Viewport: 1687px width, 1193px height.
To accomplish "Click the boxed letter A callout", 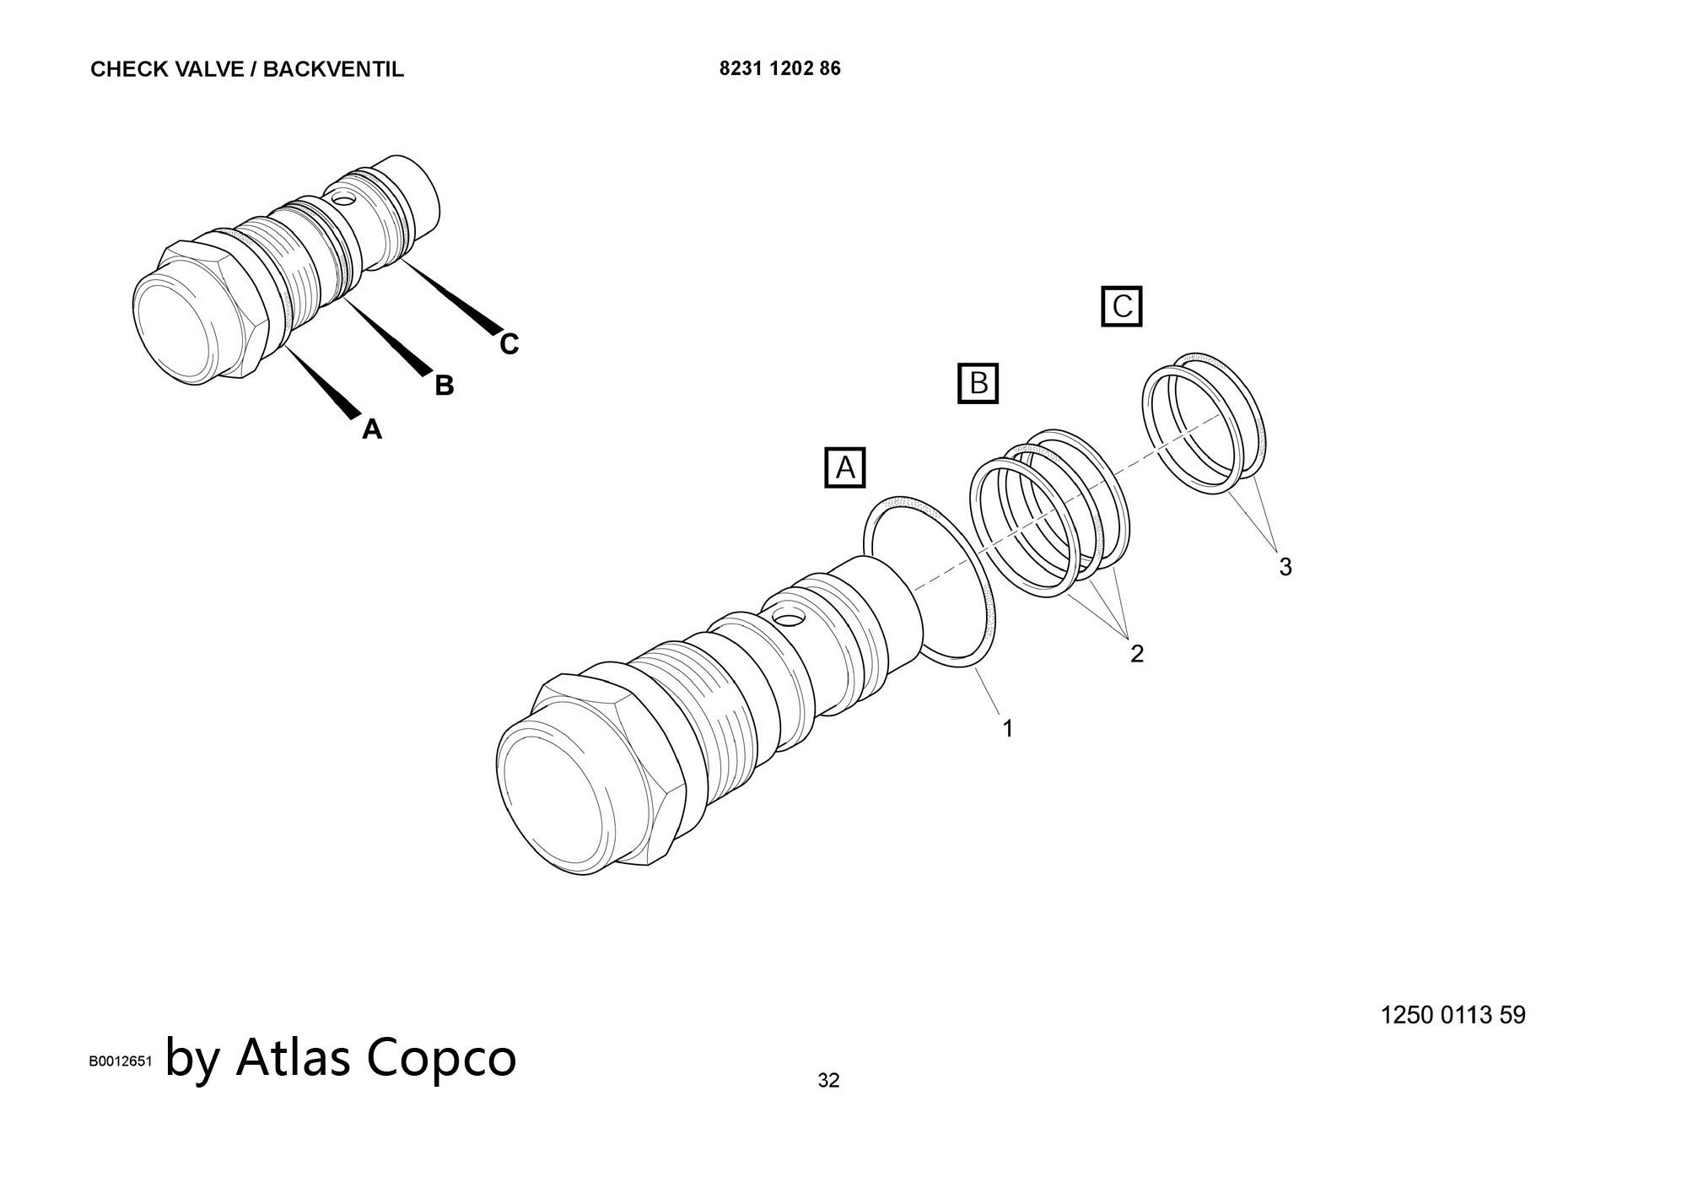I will pos(845,467).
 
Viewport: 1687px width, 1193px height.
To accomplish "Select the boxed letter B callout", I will pos(978,383).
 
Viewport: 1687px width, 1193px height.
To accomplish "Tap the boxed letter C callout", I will pos(1121,306).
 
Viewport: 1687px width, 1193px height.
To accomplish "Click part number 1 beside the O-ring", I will pos(1007,728).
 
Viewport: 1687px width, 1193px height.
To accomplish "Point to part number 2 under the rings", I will pos(1137,653).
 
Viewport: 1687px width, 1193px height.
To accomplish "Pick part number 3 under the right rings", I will pos(1285,567).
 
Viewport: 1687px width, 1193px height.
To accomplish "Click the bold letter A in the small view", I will pos(372,429).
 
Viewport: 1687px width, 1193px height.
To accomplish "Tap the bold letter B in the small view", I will pos(444,386).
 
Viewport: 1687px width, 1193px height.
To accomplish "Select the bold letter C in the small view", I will pos(509,344).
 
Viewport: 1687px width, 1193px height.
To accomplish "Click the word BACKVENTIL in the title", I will pos(333,69).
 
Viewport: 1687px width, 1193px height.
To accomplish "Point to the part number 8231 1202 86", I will pos(779,68).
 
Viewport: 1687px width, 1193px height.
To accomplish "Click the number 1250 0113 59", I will pos(1453,1014).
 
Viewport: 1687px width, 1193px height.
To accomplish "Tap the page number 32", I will pos(828,1080).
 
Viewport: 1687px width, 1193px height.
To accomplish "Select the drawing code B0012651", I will pos(121,1061).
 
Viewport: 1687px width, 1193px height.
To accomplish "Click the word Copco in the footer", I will pos(441,1056).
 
